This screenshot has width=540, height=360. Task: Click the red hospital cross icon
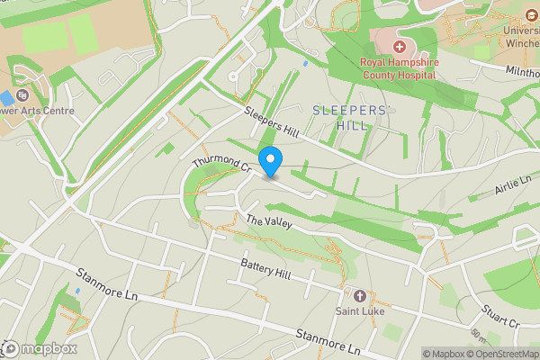click(x=399, y=45)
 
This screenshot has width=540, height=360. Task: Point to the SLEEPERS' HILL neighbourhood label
click(x=352, y=118)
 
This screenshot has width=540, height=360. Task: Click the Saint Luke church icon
click(x=360, y=295)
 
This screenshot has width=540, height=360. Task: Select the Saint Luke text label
click(x=360, y=311)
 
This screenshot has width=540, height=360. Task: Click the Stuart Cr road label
click(x=501, y=316)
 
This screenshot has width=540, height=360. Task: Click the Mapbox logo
click(x=40, y=348)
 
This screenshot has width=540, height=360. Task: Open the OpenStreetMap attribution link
click(x=500, y=354)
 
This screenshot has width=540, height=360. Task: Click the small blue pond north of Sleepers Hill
click(x=305, y=64)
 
